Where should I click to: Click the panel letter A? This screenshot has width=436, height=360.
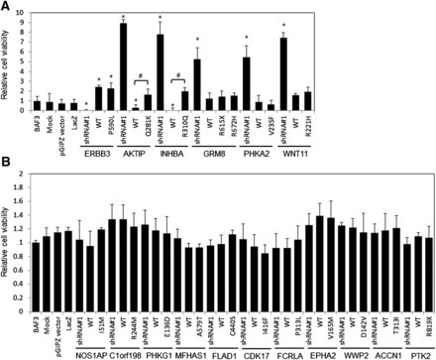tap(6, 6)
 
